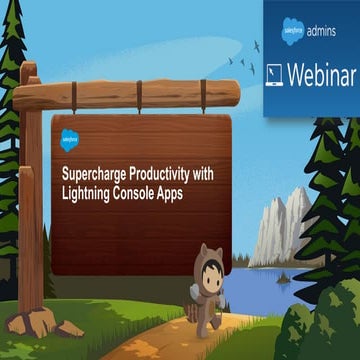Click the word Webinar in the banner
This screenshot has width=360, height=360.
(x=320, y=75)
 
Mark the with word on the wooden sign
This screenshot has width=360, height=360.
(x=209, y=171)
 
